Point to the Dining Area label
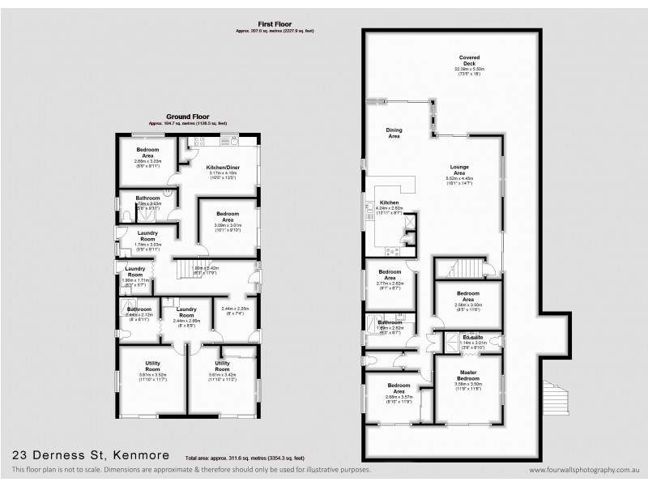pos(394,133)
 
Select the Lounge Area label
pos(459,170)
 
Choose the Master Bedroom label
pos(469,378)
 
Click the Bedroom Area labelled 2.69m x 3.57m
pos(398,388)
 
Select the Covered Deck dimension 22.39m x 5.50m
pos(469,70)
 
